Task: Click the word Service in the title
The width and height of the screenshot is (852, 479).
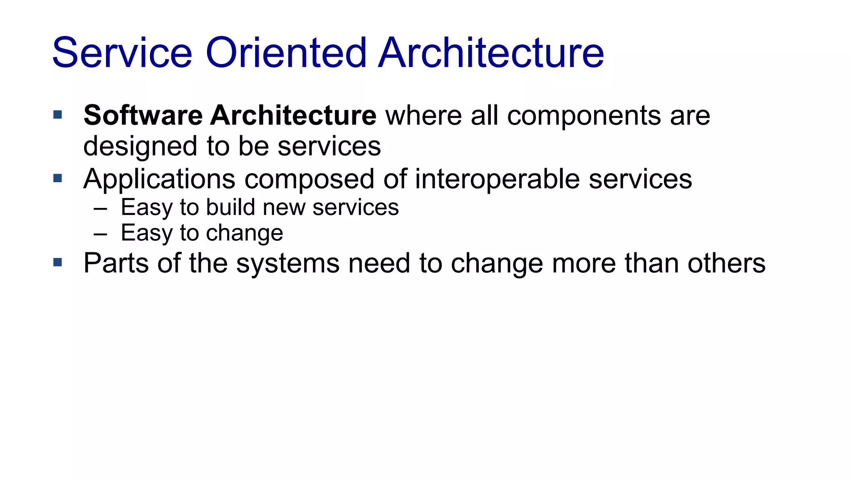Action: (x=122, y=53)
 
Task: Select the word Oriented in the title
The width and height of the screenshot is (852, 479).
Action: (x=286, y=53)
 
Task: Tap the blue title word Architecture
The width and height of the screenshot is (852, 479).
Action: (x=491, y=53)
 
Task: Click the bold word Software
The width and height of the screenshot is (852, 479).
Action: (x=143, y=115)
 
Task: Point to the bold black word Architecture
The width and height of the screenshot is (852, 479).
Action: (x=293, y=115)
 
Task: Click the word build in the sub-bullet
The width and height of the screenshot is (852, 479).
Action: (x=230, y=207)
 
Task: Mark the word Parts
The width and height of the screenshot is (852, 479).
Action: (x=116, y=263)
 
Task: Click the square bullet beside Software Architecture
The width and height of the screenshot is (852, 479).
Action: (x=58, y=114)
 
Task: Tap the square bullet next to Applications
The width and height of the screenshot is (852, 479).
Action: (x=58, y=178)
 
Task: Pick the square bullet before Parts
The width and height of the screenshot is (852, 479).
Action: (x=58, y=262)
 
